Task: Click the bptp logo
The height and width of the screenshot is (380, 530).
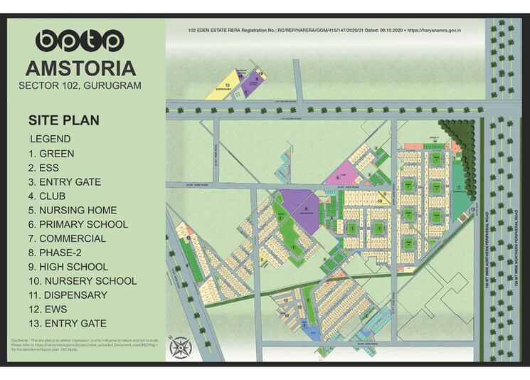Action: [x=80, y=41]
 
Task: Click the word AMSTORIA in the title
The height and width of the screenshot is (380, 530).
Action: [x=80, y=68]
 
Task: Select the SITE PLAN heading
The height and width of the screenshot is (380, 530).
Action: [x=63, y=120]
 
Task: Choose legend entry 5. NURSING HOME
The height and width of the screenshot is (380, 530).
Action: [x=73, y=210]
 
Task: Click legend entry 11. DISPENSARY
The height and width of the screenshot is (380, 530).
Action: [x=68, y=295]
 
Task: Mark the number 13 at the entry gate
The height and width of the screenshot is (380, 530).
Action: [x=472, y=211]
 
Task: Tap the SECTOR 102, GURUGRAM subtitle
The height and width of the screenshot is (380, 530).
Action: [x=80, y=86]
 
